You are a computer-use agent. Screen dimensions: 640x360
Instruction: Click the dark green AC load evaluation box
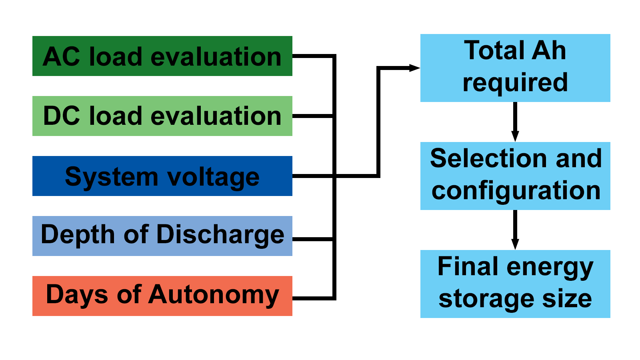(x=162, y=56)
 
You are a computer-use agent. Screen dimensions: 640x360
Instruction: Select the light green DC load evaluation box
(x=162, y=116)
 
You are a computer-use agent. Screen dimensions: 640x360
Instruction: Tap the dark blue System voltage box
(x=162, y=176)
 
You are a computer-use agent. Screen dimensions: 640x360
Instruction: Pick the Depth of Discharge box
(x=162, y=236)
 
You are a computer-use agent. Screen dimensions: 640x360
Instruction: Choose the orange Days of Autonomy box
(x=162, y=296)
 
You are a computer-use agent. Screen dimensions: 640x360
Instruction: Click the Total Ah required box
(x=515, y=68)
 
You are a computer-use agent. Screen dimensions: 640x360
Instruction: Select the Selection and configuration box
(x=515, y=176)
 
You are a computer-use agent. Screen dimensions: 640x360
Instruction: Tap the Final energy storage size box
(x=515, y=284)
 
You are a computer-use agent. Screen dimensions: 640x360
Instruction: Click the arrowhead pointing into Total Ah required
(x=414, y=68)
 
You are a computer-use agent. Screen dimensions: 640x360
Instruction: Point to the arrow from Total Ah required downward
(x=515, y=122)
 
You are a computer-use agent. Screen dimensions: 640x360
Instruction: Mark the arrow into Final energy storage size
(x=515, y=230)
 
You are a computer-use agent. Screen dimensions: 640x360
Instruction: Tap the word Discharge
(x=220, y=235)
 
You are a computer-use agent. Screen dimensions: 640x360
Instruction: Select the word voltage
(x=213, y=178)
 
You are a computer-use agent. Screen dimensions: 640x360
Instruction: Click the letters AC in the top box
(x=61, y=56)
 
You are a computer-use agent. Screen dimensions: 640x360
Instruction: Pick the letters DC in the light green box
(x=62, y=116)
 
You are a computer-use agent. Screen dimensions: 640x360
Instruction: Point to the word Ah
(x=548, y=50)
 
